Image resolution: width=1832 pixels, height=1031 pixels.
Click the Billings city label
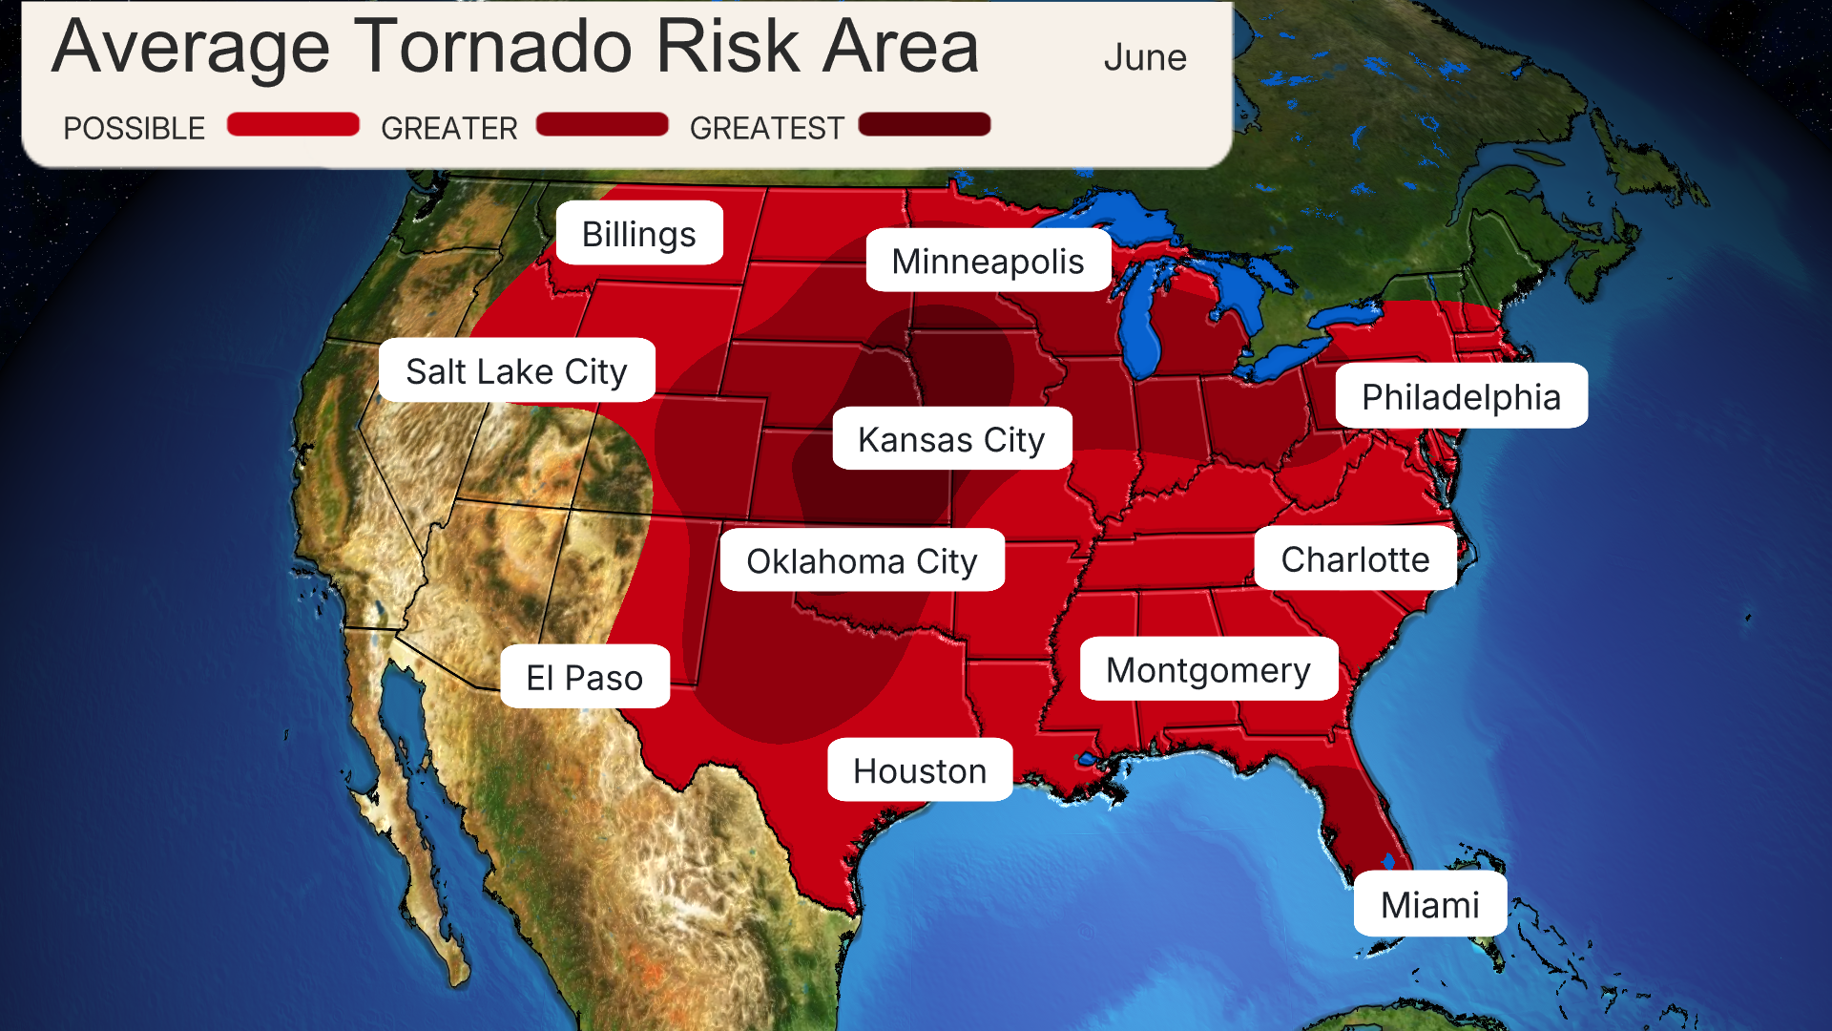point(638,234)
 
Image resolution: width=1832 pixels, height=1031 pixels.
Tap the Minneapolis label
point(988,261)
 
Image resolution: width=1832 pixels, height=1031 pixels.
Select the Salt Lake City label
point(516,370)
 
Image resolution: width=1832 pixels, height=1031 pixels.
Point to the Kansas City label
point(951,439)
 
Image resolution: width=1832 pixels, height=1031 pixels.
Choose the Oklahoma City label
point(862,560)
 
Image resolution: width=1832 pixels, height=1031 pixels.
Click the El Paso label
point(584,677)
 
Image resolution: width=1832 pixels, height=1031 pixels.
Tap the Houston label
point(919,769)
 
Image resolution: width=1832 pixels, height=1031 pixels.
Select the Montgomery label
point(1208,669)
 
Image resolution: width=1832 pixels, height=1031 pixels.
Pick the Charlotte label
point(1354,558)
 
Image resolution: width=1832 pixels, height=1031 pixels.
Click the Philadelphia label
point(1460,396)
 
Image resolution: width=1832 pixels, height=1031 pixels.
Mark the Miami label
point(1429,904)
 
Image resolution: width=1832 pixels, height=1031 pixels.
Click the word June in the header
point(1144,57)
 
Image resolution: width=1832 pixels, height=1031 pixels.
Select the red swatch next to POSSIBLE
point(293,125)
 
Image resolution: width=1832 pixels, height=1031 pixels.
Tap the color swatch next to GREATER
point(601,125)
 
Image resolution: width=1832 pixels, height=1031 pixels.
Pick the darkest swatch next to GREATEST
point(924,125)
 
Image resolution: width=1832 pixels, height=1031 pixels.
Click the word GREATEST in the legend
point(766,128)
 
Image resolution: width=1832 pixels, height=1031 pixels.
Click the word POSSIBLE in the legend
point(134,128)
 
